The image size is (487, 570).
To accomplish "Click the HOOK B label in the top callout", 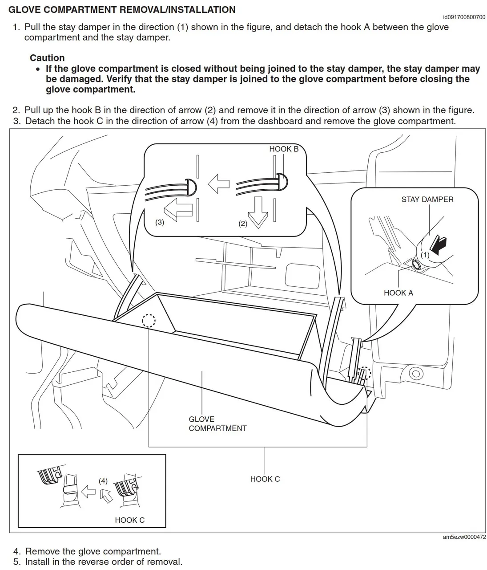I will [283, 149].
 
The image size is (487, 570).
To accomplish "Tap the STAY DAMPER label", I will [427, 199].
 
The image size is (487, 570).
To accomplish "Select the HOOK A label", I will [398, 293].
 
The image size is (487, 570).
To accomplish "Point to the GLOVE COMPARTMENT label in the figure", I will [217, 424].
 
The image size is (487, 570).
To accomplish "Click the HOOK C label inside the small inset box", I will [129, 520].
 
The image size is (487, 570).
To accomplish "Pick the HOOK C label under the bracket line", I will [265, 479].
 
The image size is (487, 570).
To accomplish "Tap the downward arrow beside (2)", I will [258, 212].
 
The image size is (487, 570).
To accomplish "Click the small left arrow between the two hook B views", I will [218, 183].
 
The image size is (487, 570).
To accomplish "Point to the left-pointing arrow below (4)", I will [89, 492].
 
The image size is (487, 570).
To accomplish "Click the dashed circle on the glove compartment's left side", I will [149, 320].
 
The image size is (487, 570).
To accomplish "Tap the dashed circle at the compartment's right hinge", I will [364, 373].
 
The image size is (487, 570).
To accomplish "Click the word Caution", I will [47, 58].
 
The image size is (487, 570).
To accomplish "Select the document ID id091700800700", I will [464, 17].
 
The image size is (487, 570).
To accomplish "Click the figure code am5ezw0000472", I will [464, 537].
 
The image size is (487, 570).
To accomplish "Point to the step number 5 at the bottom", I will [16, 562].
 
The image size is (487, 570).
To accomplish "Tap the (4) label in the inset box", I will [103, 481].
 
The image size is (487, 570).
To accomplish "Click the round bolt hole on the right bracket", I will [416, 373].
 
